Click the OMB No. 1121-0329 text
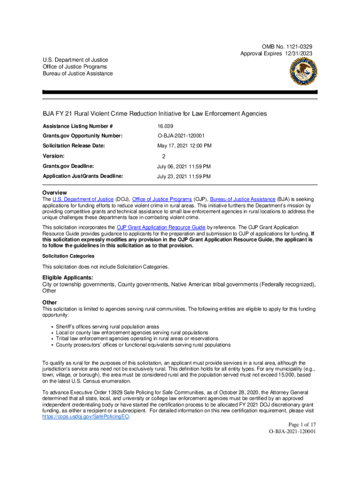click(x=287, y=47)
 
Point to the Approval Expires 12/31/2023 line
click(x=276, y=54)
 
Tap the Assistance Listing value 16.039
click(x=165, y=126)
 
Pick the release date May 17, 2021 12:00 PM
click(x=184, y=146)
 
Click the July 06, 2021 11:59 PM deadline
click(x=183, y=167)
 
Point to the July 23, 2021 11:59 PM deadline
click(x=183, y=177)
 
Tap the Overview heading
click(x=55, y=193)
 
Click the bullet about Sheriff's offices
click(x=108, y=327)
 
